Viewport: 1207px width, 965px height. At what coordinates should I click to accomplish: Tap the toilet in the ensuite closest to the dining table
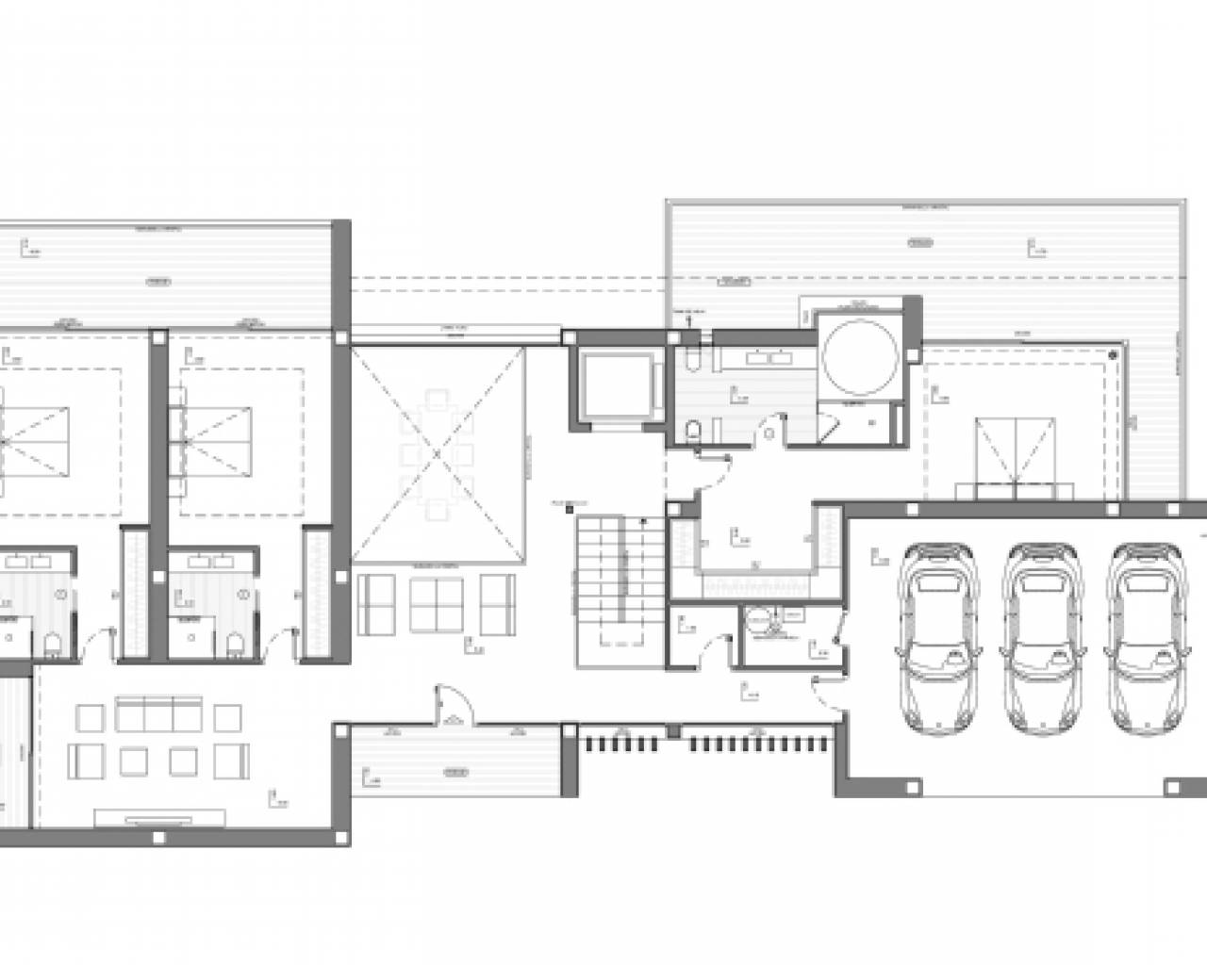click(234, 643)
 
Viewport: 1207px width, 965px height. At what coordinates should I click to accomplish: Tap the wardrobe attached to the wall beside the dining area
click(317, 594)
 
